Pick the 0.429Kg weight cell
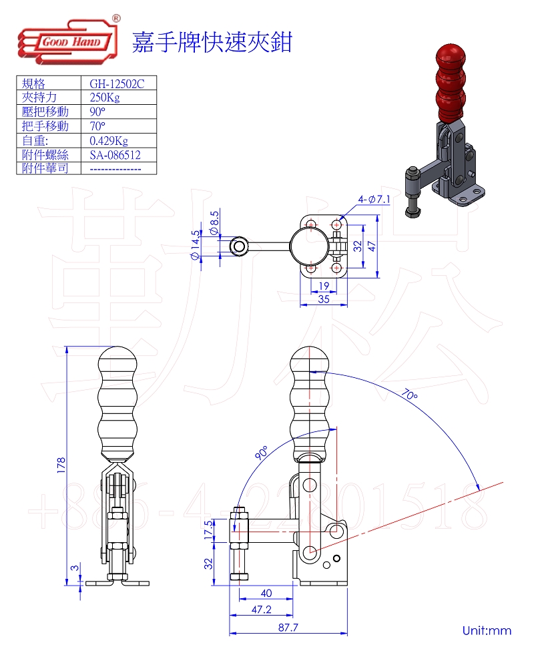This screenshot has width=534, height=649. pos(108,141)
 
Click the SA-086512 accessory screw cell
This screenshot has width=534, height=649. pos(115,155)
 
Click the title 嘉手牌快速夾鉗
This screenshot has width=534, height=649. pos(212,41)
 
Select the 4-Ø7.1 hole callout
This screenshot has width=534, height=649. pos(374,199)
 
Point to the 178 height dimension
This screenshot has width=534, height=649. pos(61,463)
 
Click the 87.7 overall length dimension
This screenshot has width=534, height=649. pos(288,628)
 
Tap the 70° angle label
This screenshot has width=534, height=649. pos(410,395)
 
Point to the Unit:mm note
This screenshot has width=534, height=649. pos(486,630)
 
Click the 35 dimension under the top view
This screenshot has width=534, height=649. pos(324,300)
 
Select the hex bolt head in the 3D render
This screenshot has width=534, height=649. pos(412,212)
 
